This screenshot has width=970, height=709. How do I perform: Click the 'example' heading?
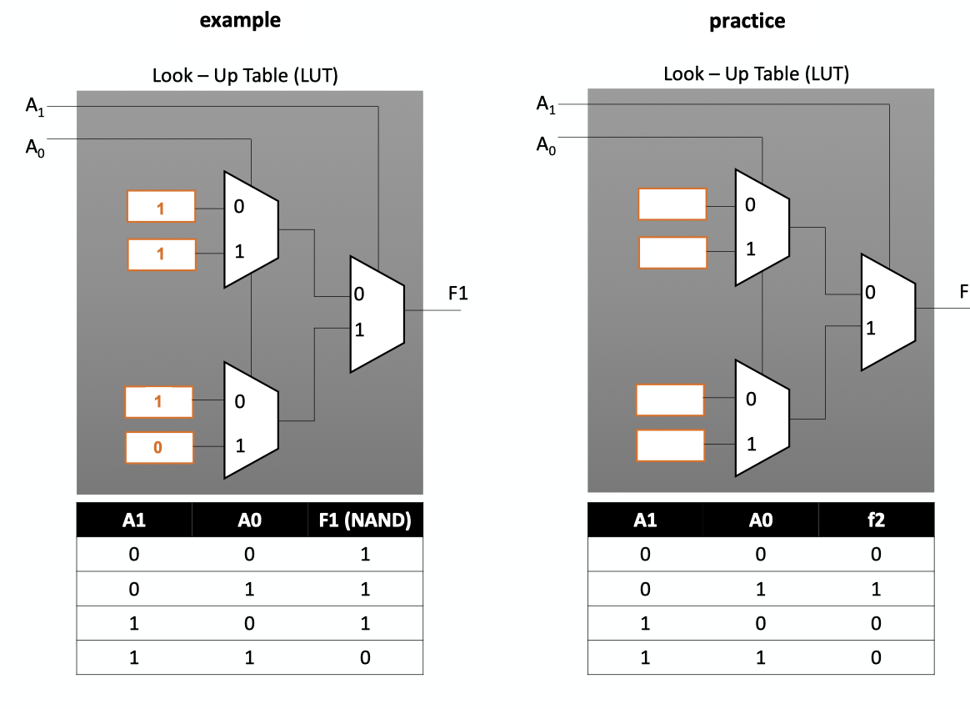coord(240,21)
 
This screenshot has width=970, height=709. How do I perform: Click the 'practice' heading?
coord(747,22)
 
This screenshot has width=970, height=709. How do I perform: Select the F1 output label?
coord(458,294)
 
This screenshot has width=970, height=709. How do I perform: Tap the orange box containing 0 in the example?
coord(159,448)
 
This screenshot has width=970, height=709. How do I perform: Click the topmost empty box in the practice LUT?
coord(672,204)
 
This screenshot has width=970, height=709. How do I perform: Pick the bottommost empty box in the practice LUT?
coord(670,445)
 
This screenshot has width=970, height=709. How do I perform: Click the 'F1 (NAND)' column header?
coord(365,520)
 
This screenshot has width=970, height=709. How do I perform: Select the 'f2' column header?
coord(876,520)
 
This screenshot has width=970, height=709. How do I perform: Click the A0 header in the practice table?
coord(760,520)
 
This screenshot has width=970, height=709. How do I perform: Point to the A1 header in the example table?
coord(134,520)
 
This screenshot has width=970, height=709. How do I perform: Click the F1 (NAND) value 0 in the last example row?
coord(365,657)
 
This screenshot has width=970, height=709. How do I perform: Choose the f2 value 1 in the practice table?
coord(876,589)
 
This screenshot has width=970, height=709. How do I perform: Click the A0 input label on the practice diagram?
coord(546,148)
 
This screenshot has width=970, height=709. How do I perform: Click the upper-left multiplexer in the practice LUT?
coord(761,227)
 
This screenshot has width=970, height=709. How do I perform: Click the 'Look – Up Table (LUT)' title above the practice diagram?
coord(756,74)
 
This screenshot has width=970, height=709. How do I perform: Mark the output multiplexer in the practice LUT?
coord(887,312)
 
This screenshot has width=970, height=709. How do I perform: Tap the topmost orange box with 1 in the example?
coord(161,206)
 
